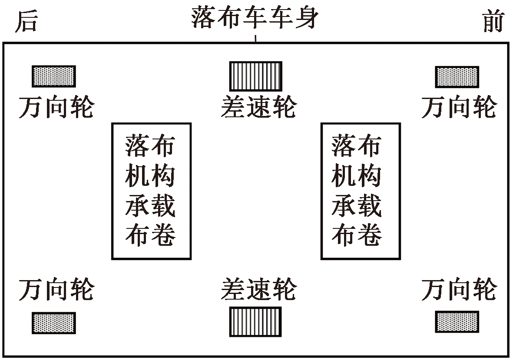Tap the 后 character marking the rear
26,22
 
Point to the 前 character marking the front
493,22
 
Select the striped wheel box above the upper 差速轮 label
255,76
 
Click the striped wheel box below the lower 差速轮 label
255,322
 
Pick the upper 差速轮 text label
258,107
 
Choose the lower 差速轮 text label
258,290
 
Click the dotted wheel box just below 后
54,76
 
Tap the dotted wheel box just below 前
457,77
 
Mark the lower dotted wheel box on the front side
457,322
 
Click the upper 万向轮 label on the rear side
56,107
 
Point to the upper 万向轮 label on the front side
459,107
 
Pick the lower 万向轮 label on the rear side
56,290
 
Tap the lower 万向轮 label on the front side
459,290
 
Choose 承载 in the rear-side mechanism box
151,206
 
